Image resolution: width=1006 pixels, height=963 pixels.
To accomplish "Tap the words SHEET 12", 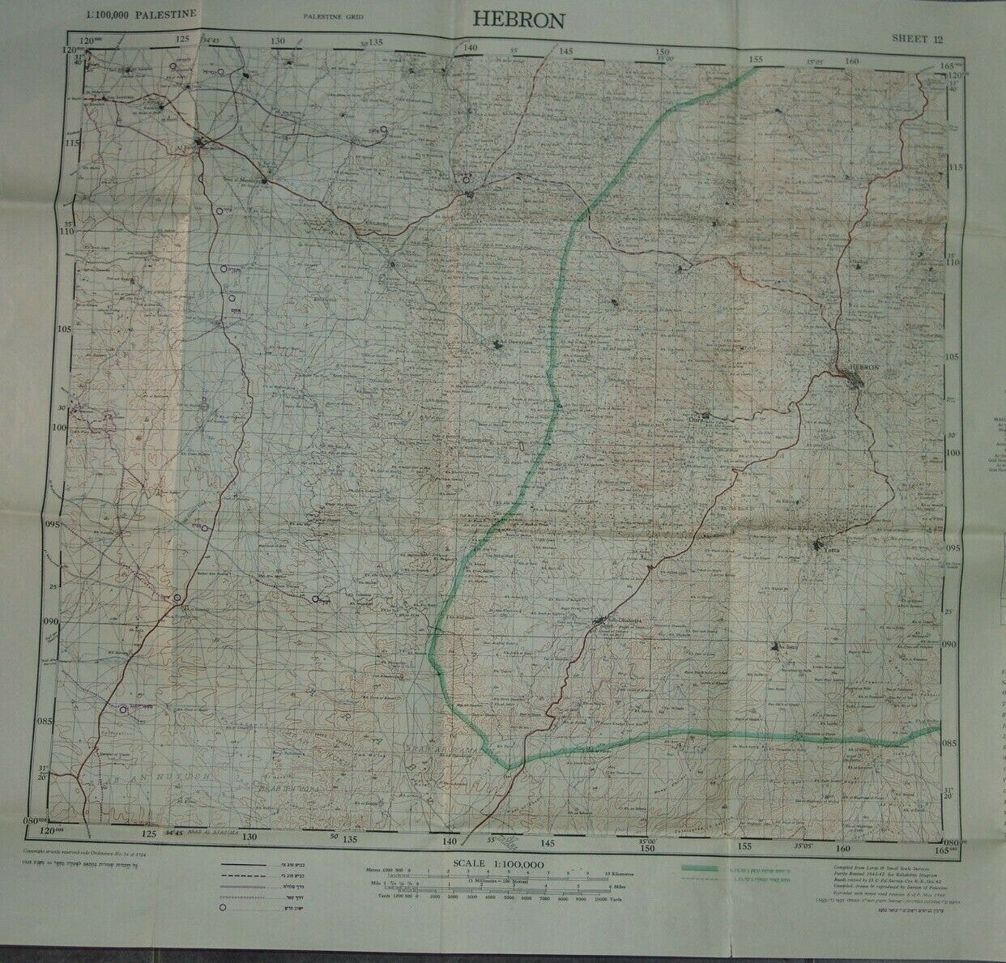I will coord(917,38).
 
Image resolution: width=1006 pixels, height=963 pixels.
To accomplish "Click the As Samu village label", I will coord(782,646).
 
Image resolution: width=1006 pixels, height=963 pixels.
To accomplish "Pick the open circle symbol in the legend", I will coord(221,910).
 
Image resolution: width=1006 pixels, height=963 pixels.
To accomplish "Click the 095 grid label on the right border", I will coord(953,548).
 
